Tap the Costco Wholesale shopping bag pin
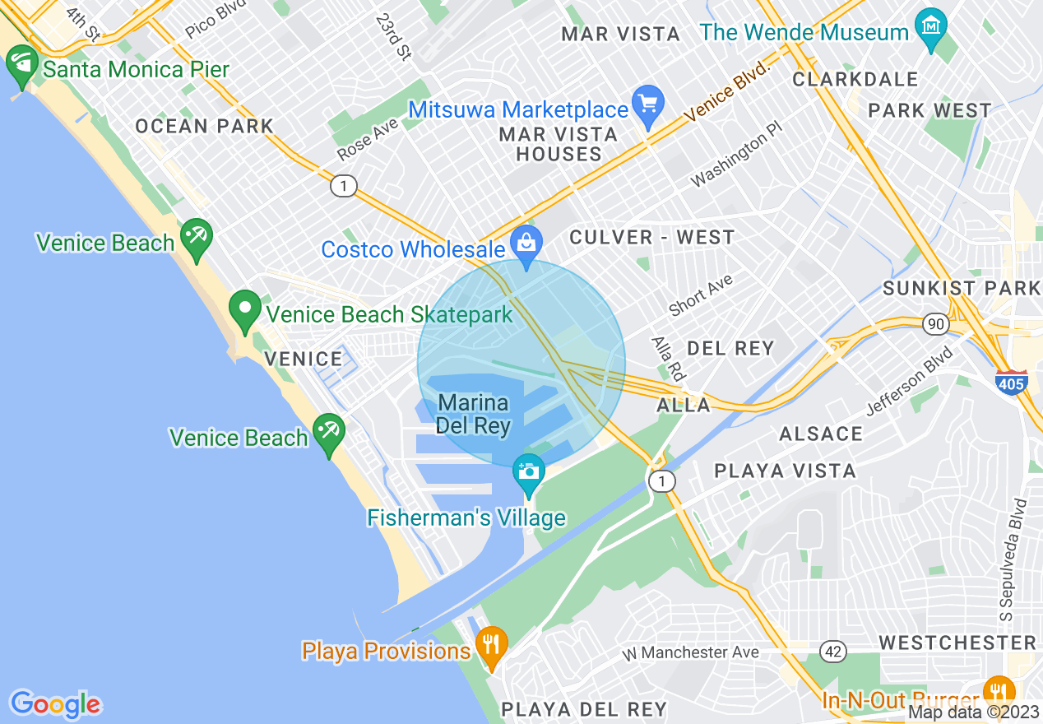point(526,242)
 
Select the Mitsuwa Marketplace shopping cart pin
point(649,106)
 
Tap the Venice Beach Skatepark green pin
point(244,310)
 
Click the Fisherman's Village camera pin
point(528,473)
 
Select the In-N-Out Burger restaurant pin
point(999,692)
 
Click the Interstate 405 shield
point(1011,382)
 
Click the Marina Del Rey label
point(473,415)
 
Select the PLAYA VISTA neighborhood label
point(785,471)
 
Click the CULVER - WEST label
point(652,238)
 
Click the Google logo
point(55,704)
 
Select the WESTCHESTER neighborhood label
point(957,642)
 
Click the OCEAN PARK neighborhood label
point(204,126)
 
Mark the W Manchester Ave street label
point(690,652)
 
